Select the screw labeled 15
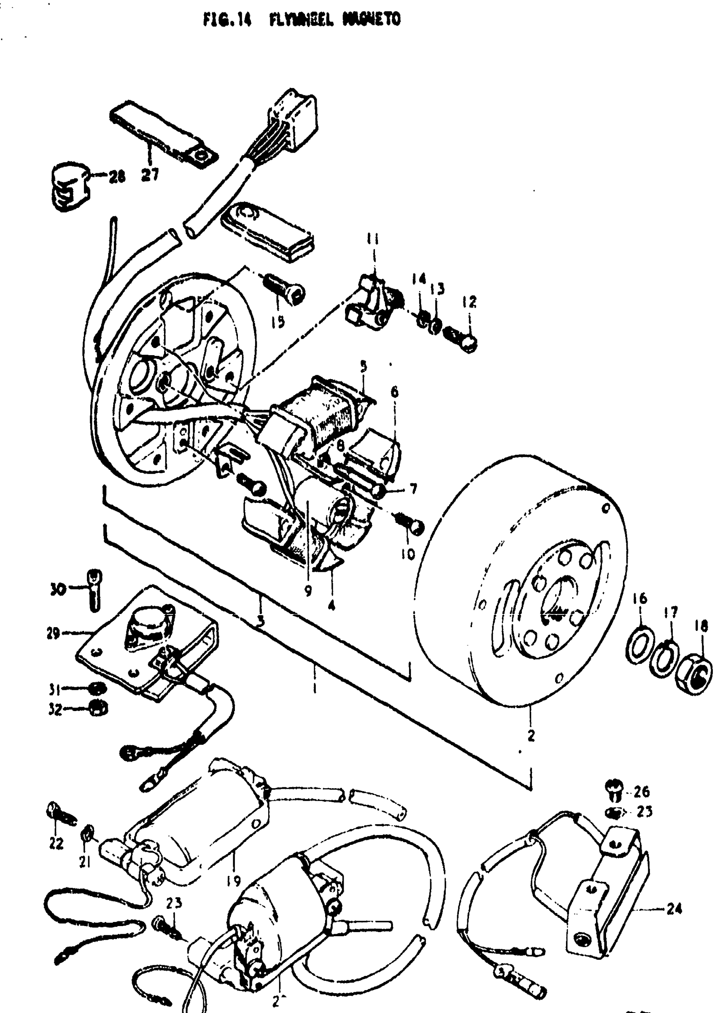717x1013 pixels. pyautogui.click(x=285, y=288)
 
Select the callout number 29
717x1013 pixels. pyautogui.click(x=53, y=634)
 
